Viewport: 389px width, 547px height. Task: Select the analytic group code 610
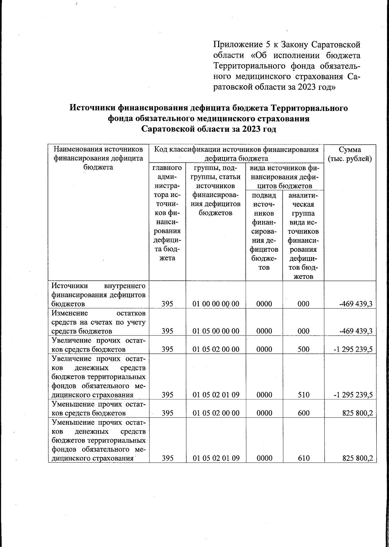303,458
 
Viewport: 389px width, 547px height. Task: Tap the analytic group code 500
303,349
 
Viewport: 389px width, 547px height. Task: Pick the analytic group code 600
303,413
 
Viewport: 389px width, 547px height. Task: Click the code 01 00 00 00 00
216,304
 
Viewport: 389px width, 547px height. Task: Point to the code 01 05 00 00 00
216,331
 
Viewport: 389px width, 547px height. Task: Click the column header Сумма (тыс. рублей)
350,154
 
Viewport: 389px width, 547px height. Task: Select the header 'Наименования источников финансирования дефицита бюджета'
98,158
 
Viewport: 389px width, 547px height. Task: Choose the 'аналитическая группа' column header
303,236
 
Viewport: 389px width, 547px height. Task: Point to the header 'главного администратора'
167,213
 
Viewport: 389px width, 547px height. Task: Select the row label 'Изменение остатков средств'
98,322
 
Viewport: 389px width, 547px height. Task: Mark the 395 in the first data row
167,304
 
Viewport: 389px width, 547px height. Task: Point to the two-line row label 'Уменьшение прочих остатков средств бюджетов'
98,408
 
